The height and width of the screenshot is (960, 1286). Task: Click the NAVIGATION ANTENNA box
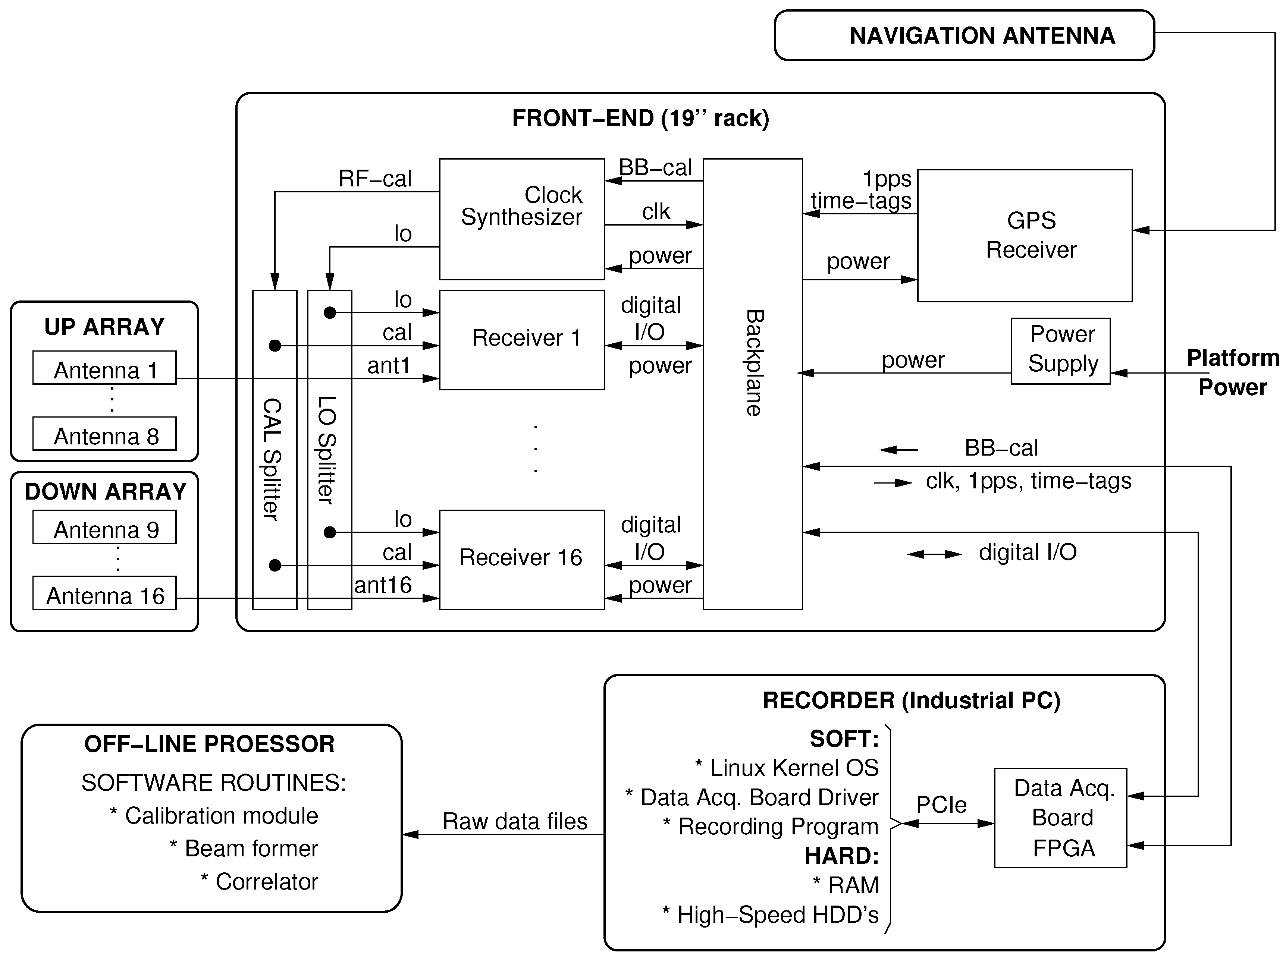tap(964, 35)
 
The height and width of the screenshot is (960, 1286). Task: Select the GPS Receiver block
tap(1025, 235)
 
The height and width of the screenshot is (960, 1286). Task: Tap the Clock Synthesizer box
tap(521, 218)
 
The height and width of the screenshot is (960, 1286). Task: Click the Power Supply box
tap(1060, 350)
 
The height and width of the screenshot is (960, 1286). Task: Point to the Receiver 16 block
tap(521, 559)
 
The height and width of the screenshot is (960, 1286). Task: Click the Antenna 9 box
tap(105, 528)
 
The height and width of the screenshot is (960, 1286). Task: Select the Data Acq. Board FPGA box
tap(1060, 818)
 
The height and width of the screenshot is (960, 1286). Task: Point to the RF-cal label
tap(375, 179)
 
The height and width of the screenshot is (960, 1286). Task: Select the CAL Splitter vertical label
tap(273, 459)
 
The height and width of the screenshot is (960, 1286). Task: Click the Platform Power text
tap(1233, 372)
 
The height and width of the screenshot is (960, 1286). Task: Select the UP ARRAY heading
tap(105, 327)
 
